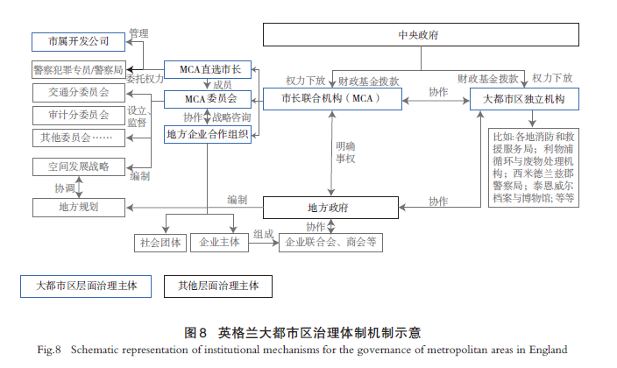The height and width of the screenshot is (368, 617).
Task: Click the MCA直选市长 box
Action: (209, 68)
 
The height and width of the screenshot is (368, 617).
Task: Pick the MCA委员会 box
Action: (209, 98)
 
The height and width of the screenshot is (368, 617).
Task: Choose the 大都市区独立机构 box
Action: (524, 99)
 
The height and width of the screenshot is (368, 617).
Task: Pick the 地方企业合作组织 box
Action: (209, 135)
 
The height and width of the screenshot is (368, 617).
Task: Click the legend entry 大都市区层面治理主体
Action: (86, 286)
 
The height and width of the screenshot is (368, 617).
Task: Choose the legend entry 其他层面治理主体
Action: (218, 286)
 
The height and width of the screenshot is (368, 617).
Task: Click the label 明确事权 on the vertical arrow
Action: (345, 154)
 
